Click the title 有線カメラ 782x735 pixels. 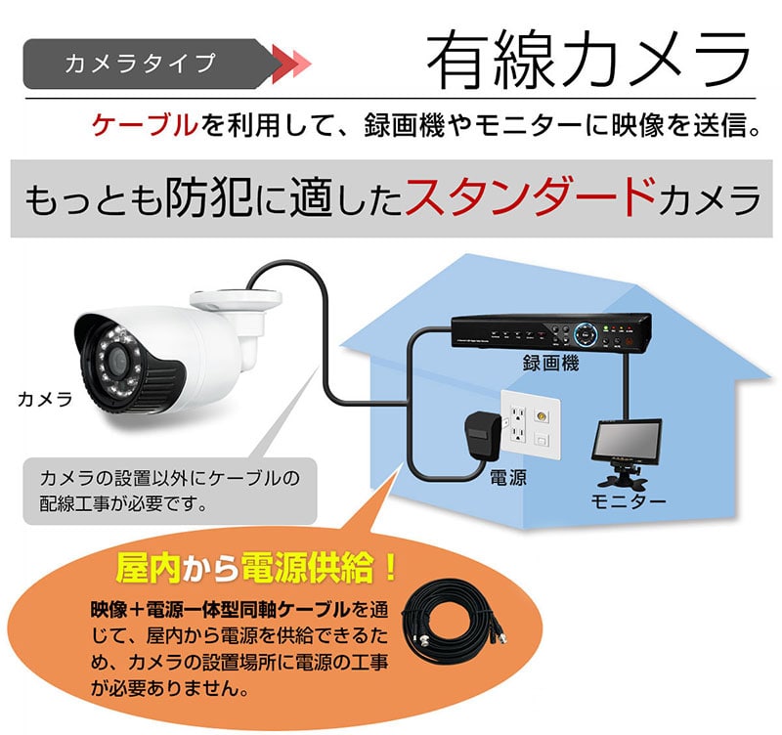click(588, 59)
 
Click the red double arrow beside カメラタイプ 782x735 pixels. click(291, 65)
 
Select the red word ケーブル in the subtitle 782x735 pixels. click(145, 125)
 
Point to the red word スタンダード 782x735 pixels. click(530, 197)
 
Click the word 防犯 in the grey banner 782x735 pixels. click(208, 198)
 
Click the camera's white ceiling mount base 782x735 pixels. click(236, 299)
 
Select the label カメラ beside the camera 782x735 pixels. click(45, 400)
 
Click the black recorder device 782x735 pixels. click(551, 332)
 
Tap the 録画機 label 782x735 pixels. click(550, 363)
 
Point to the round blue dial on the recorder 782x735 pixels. click(586, 334)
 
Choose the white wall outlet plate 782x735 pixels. click(531, 425)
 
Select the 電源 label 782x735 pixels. click(507, 478)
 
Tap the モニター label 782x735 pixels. click(629, 501)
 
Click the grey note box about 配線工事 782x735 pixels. click(170, 492)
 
